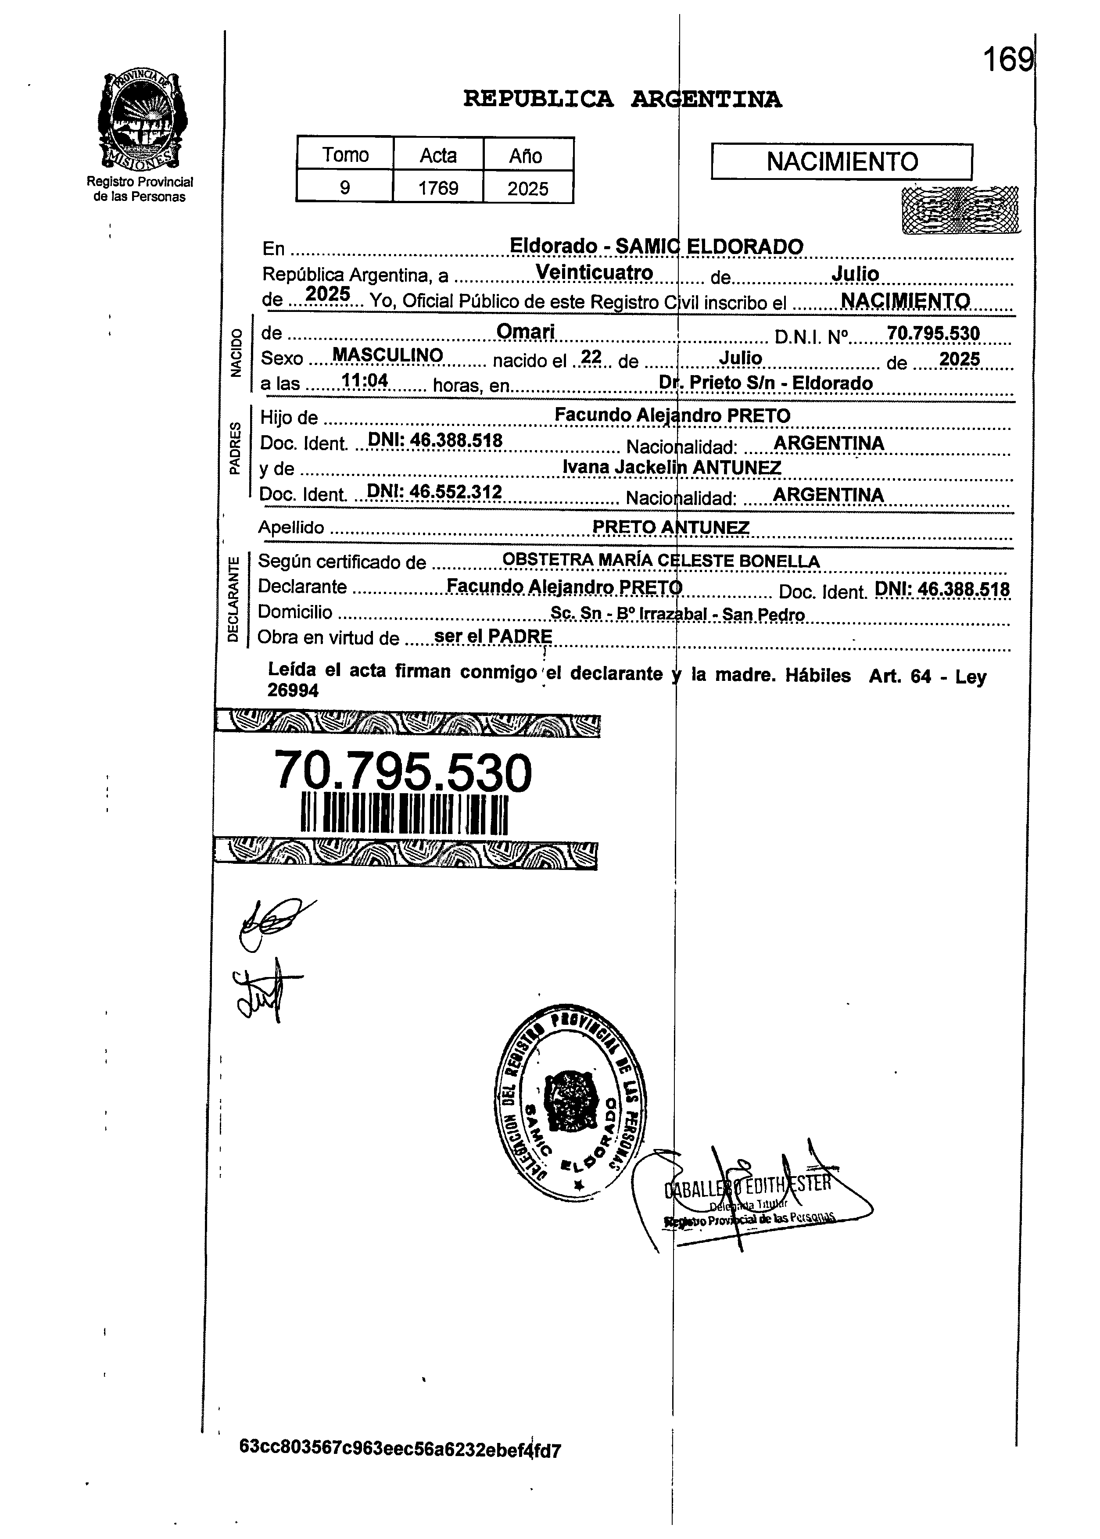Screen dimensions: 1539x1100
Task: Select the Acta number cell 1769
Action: pyautogui.click(x=438, y=188)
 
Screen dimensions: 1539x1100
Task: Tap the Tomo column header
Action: pyautogui.click(x=345, y=155)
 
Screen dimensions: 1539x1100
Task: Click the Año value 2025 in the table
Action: pyautogui.click(x=528, y=188)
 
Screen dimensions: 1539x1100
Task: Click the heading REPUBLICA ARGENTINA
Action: pyautogui.click(x=622, y=100)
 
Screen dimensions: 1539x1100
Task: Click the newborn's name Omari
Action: pyautogui.click(x=526, y=331)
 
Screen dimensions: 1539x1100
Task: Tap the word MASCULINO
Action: pyautogui.click(x=387, y=355)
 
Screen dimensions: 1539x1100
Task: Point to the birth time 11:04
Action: pyautogui.click(x=365, y=381)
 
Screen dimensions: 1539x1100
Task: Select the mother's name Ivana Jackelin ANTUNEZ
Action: pyautogui.click(x=671, y=467)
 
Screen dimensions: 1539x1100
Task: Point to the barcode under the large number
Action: pyautogui.click(x=405, y=815)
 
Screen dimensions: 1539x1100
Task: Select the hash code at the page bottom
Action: pyautogui.click(x=400, y=1450)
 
